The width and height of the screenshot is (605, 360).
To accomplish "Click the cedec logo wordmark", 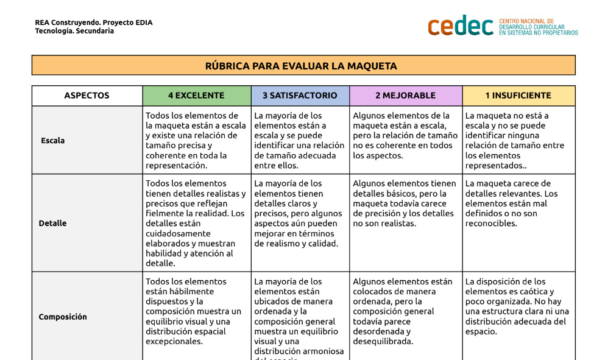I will point(461,26).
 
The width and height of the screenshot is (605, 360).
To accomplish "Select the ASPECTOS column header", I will point(87,96).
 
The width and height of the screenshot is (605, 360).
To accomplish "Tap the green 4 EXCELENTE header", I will point(196,96).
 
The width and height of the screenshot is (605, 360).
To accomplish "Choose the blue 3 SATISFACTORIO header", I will point(300,96).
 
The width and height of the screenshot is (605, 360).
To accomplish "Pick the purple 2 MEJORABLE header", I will point(405,96).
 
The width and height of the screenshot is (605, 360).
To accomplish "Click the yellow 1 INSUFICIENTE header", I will point(518,96).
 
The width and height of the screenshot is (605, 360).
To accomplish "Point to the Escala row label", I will point(52,141).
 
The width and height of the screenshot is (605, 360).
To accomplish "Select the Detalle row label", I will point(52,223).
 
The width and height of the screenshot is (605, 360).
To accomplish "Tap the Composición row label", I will point(63,317).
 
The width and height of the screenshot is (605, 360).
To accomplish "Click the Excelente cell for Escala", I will point(196,140).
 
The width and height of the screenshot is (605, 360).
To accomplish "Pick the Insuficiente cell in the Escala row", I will point(518,140).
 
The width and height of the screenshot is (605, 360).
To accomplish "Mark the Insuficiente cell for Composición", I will point(518,306).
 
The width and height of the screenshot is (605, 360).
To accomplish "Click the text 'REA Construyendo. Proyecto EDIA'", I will point(94,23).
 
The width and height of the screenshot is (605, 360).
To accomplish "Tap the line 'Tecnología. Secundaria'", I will point(74,31).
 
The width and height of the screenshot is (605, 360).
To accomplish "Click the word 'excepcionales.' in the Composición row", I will point(174,342).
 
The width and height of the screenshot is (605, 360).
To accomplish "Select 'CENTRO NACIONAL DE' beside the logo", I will point(526,21).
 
